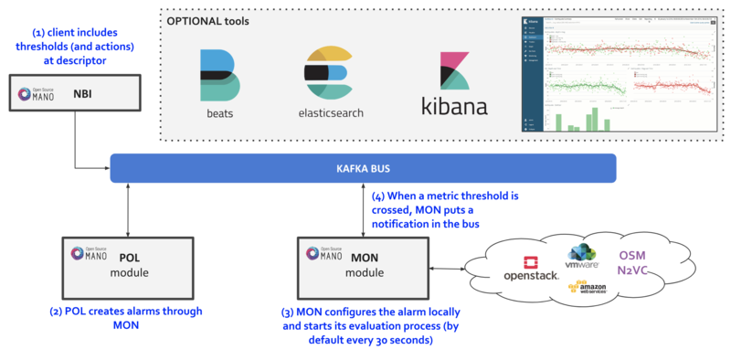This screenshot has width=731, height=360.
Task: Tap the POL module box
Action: click(x=127, y=266)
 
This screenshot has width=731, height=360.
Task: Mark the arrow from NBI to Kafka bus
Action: click(x=76, y=146)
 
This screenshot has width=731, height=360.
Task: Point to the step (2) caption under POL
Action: click(x=126, y=318)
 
